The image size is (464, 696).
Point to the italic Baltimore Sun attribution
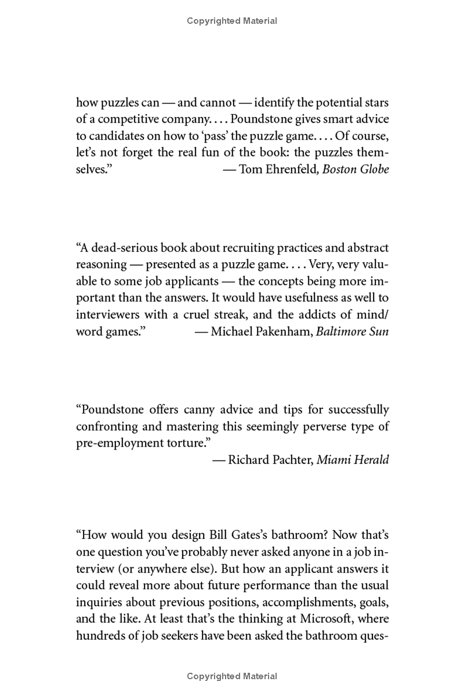tap(353, 331)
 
